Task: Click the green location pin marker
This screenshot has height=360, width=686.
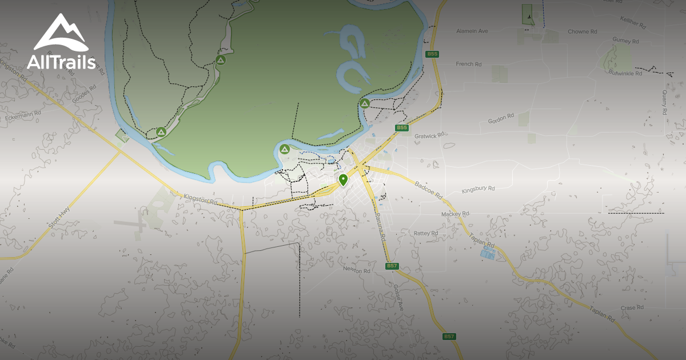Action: coord(343,181)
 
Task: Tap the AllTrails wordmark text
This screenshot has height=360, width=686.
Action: coord(61,62)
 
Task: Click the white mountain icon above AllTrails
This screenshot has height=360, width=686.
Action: coord(60,33)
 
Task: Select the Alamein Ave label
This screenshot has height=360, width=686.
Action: coord(472,31)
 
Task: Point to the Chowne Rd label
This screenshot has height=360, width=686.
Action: coord(582,32)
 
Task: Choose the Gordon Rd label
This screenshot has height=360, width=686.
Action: coord(501,119)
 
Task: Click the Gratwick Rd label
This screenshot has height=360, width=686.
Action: coord(429,136)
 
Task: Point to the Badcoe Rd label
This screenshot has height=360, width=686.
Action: coord(429,190)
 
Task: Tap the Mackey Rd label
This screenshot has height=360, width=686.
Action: coord(455,214)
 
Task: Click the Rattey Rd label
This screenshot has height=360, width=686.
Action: coord(426,233)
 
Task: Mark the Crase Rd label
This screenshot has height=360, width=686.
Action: coord(632,307)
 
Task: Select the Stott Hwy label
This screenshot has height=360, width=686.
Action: coord(59,218)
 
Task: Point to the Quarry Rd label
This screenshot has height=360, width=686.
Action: coord(665,102)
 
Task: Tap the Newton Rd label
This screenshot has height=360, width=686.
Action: coord(357,270)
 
